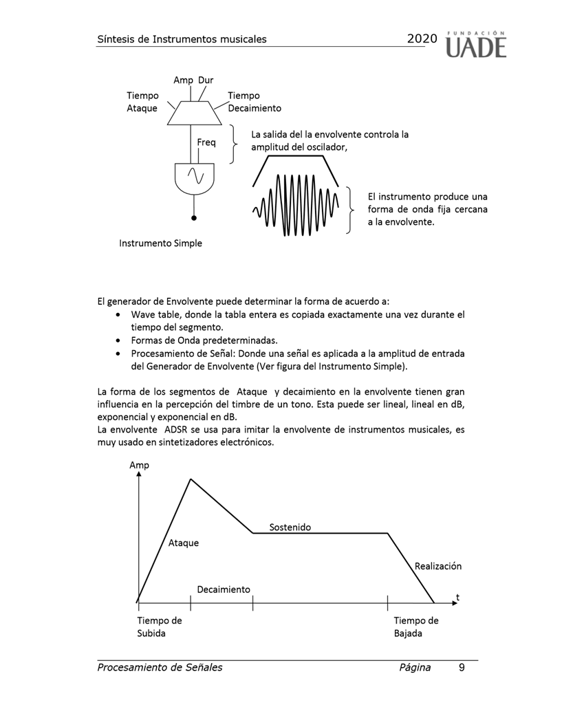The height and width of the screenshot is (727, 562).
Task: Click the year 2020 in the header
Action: [422, 39]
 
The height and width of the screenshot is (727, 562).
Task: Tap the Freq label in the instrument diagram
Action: [206, 142]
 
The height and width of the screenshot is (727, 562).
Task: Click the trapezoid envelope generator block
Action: [195, 113]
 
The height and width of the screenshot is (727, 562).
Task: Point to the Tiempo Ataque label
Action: [142, 102]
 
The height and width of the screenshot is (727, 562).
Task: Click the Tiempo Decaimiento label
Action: [254, 102]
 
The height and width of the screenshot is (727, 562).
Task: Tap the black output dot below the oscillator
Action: [194, 218]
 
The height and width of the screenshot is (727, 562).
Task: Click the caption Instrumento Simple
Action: [161, 243]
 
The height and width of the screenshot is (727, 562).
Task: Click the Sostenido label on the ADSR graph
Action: [290, 527]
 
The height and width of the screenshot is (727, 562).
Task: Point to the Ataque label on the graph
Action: [184, 543]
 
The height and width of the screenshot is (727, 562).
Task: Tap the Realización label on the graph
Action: [438, 566]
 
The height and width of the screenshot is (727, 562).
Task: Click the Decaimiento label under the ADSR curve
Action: [224, 589]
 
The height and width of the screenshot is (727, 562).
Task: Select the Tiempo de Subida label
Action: [159, 627]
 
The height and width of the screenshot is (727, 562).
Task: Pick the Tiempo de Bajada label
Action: [415, 627]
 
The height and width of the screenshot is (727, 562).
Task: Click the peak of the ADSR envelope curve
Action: [191, 479]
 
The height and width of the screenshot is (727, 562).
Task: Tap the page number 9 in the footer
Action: [462, 667]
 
